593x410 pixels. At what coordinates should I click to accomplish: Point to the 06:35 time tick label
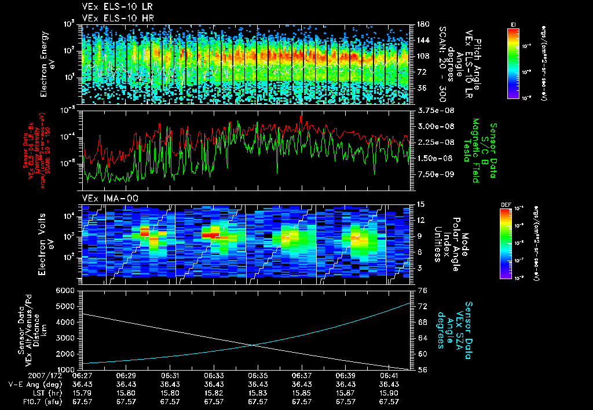tap(258, 376)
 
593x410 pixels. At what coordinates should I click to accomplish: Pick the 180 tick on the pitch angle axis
tap(422, 24)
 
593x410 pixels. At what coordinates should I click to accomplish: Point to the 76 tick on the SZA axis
tap(422, 290)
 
